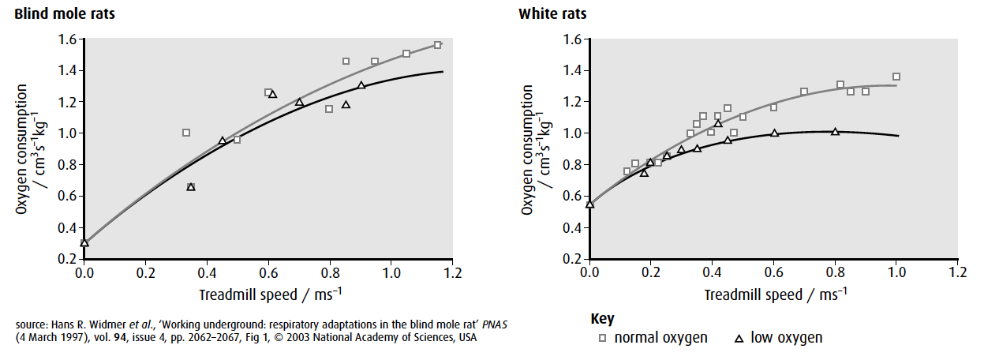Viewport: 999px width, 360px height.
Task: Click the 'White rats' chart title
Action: click(x=552, y=13)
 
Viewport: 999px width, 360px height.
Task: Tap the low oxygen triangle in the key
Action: click(x=739, y=338)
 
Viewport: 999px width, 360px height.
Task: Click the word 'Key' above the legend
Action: click(x=602, y=319)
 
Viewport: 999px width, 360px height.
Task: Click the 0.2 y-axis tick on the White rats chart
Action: click(x=572, y=259)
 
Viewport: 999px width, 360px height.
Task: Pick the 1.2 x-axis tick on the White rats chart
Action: click(x=957, y=272)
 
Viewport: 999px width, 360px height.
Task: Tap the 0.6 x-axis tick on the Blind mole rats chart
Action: click(x=268, y=272)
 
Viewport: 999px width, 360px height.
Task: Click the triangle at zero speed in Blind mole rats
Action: click(x=84, y=242)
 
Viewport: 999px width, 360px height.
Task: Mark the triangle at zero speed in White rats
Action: click(x=589, y=204)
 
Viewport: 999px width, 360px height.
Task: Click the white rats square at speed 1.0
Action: click(x=896, y=77)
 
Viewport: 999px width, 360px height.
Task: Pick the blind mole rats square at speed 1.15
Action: click(x=438, y=45)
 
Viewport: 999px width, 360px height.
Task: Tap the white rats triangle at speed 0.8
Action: click(x=835, y=131)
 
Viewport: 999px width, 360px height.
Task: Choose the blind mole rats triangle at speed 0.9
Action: click(x=361, y=85)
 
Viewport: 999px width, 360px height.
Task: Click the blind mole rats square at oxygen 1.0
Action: click(x=186, y=133)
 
